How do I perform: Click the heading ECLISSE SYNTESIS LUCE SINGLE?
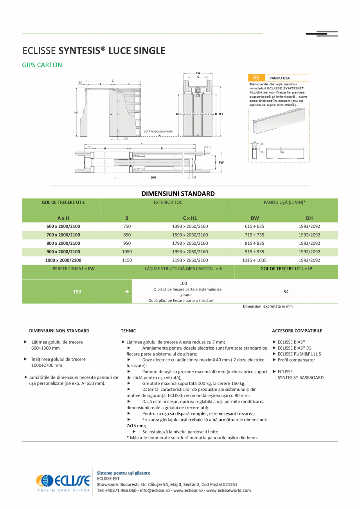94,51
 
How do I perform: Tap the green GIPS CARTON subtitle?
42,65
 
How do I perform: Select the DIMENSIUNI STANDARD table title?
178,193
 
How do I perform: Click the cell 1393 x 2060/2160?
190,226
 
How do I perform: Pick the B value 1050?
127,252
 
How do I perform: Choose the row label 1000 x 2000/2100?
63,260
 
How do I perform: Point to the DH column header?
309,218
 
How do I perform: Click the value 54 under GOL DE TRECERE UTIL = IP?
286,292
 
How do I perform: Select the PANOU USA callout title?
279,78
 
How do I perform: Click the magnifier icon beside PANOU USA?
256,78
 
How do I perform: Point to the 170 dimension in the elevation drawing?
124,139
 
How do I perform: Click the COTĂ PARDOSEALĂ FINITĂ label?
158,132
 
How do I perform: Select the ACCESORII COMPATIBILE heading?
297,331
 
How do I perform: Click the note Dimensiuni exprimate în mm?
268,307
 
